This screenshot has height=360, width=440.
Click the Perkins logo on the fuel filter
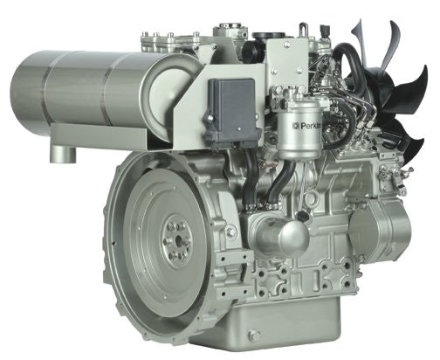point(306,126)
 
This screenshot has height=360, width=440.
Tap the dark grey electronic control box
point(233,111)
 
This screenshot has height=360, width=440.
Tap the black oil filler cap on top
point(269,37)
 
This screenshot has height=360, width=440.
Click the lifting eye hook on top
point(303,30)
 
